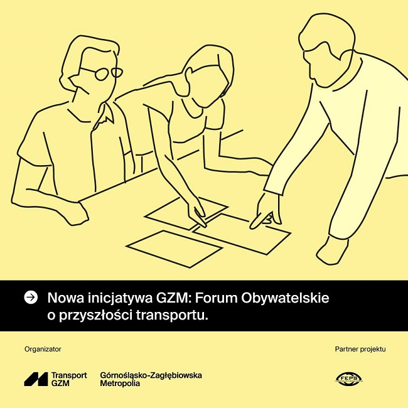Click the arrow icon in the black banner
(30, 297)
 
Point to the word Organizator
(43, 349)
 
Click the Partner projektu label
(360, 349)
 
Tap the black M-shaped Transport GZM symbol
(36, 379)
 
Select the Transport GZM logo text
(69, 379)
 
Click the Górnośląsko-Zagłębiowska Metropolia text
(151, 379)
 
